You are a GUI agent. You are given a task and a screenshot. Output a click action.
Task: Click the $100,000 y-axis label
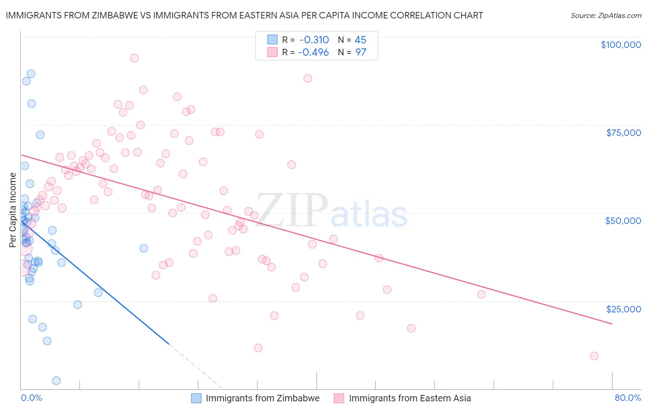[620, 45]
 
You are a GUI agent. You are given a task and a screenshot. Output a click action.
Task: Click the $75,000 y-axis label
[623, 133]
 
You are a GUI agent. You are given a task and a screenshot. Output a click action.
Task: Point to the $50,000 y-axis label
[623, 221]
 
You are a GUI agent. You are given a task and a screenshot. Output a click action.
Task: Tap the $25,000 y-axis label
[623, 309]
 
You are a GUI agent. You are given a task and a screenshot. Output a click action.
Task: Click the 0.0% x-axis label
[31, 398]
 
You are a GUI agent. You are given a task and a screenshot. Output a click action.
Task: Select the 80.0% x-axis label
[628, 398]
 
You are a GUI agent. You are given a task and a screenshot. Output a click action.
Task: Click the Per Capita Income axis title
[13, 210]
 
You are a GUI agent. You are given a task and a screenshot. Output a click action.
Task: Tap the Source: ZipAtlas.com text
[606, 15]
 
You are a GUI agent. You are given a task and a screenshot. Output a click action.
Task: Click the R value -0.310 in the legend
[314, 40]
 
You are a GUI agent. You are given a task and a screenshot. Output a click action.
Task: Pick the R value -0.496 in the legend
[314, 52]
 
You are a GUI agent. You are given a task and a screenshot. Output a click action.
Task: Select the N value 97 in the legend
[360, 52]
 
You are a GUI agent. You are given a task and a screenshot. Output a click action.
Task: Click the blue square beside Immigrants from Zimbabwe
[196, 398]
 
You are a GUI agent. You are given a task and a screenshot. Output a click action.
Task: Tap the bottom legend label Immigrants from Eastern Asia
[410, 398]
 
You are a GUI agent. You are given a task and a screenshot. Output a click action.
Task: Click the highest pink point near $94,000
[134, 58]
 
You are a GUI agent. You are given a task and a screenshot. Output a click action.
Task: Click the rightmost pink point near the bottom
[594, 356]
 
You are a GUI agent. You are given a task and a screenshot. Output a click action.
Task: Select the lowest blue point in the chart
[56, 381]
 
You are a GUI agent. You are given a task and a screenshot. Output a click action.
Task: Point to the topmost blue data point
[31, 74]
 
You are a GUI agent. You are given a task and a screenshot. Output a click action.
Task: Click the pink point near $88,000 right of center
[307, 78]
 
